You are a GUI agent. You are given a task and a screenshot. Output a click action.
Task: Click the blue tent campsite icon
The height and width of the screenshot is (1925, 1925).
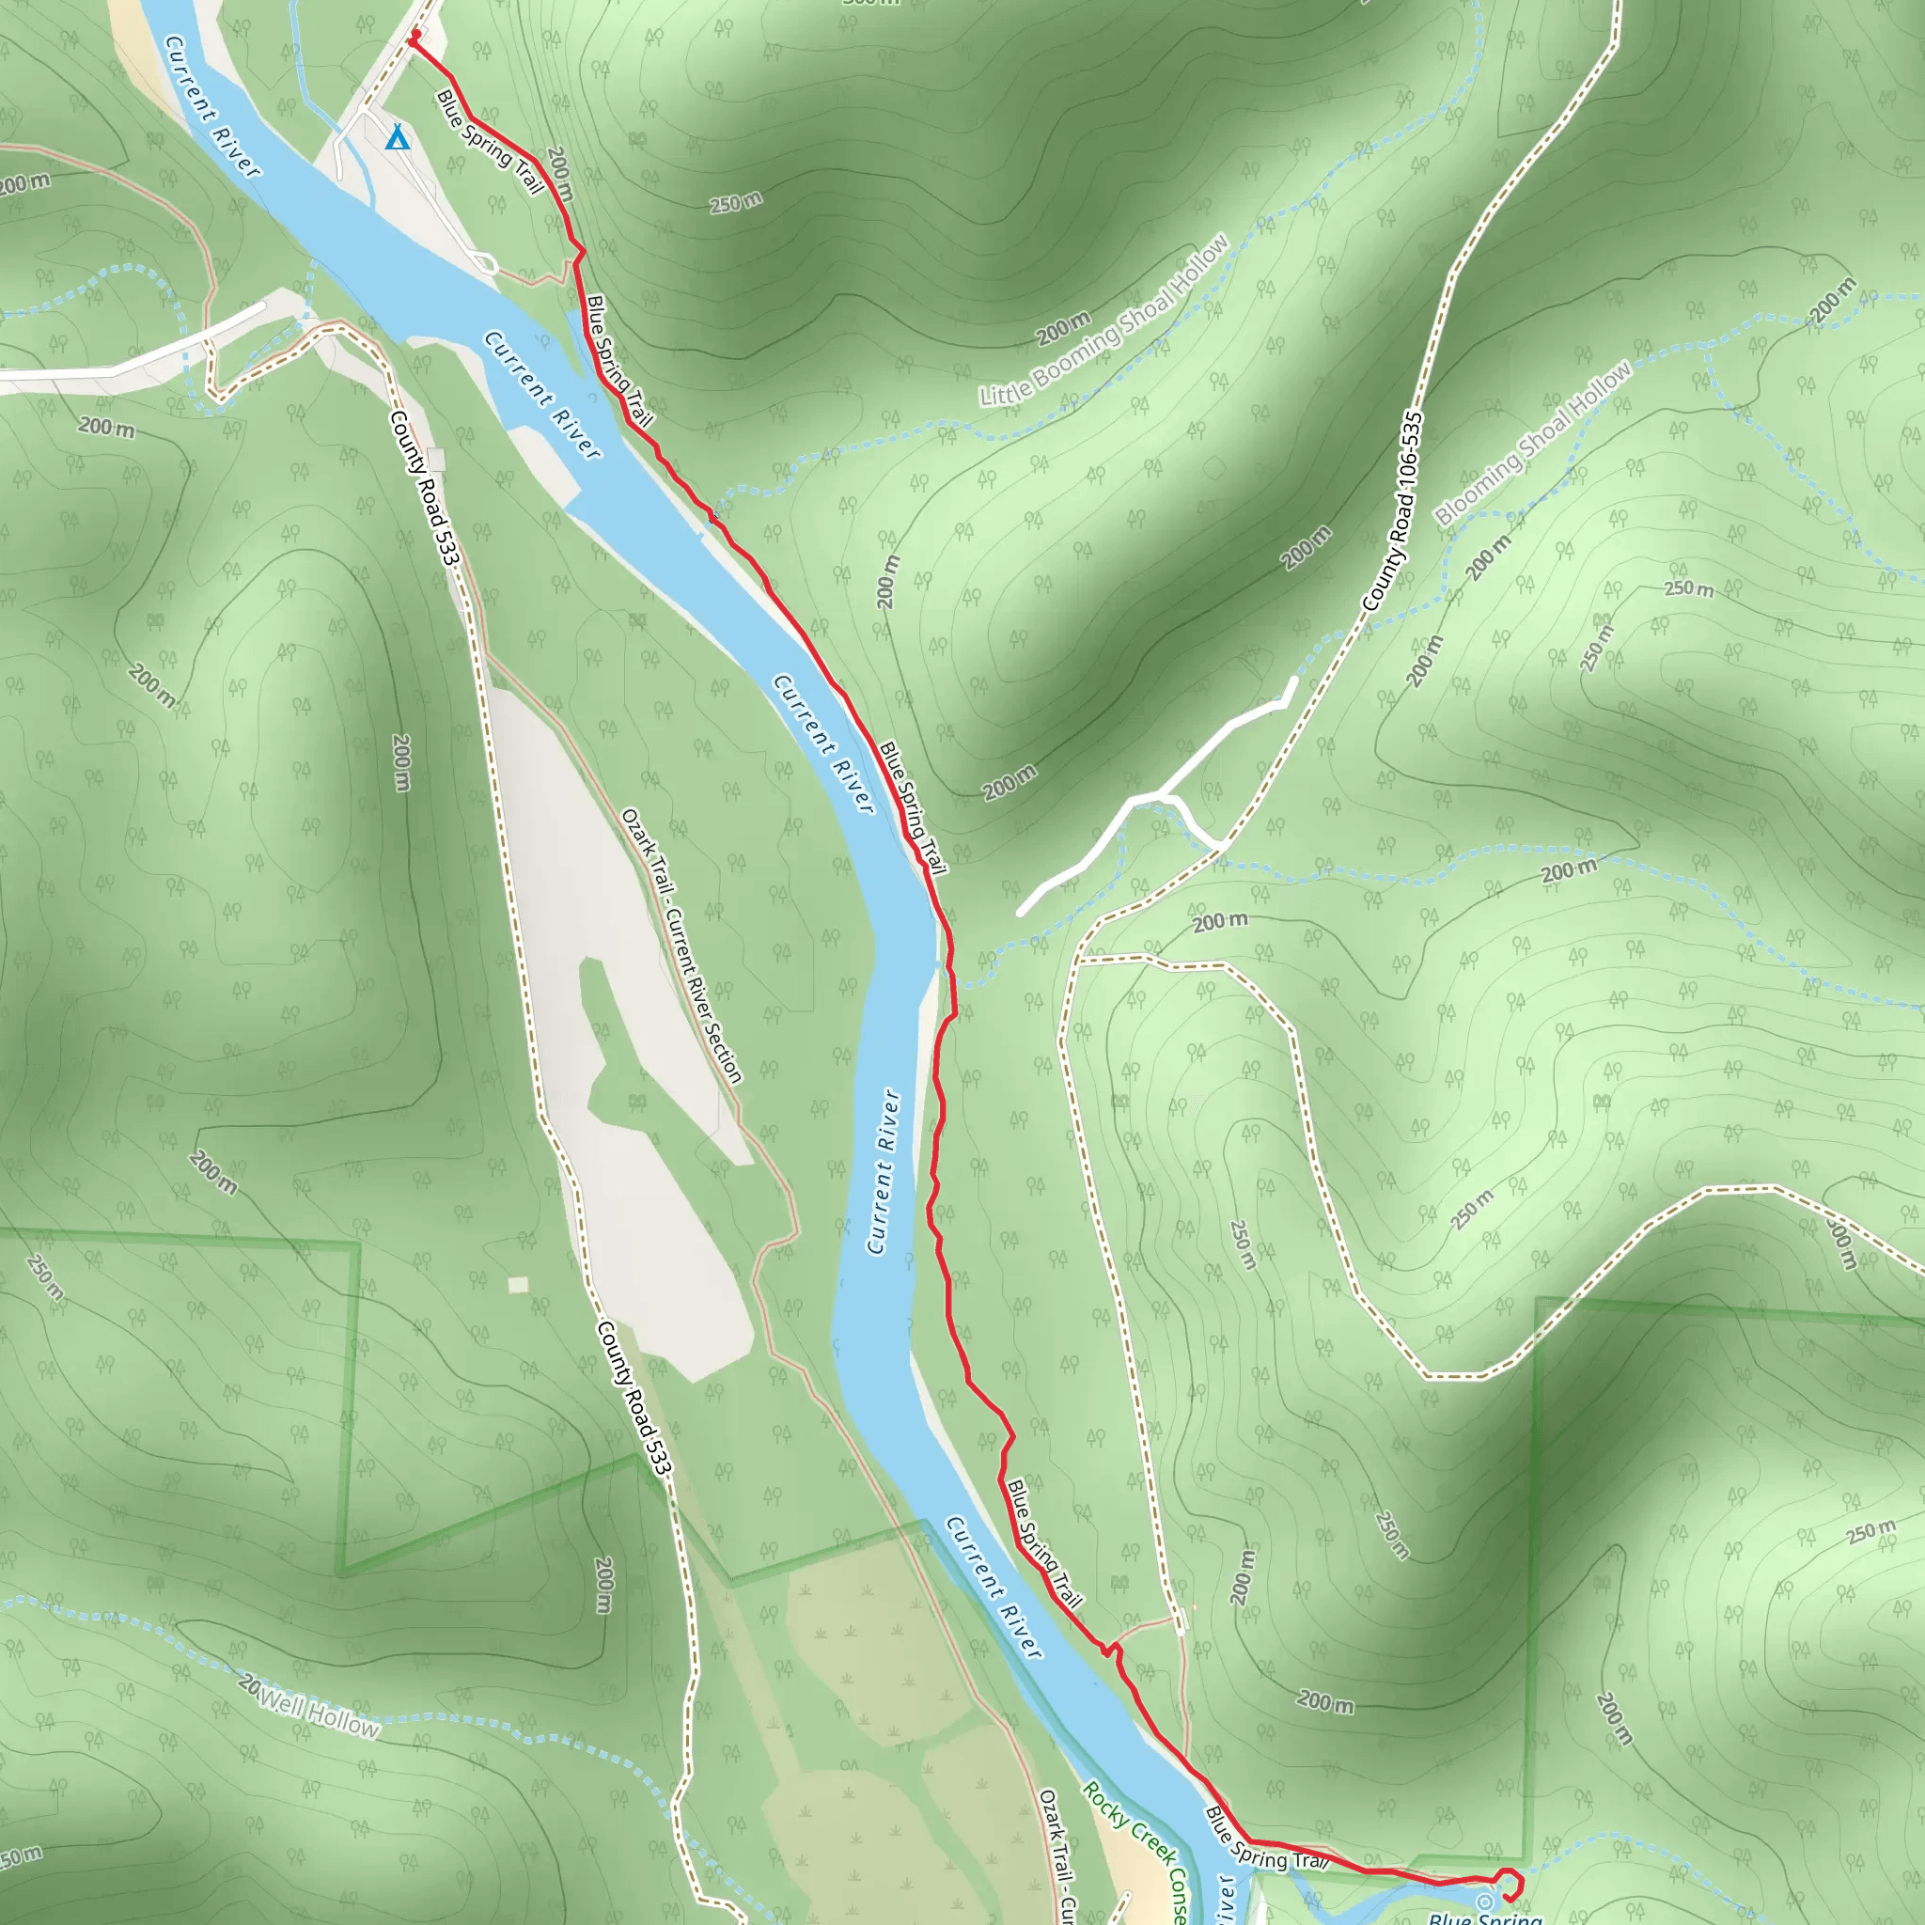[398, 136]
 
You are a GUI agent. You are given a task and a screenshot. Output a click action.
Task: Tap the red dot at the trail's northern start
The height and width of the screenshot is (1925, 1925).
[414, 40]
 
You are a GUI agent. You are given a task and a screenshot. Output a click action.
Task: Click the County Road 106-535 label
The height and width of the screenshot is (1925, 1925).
[1393, 510]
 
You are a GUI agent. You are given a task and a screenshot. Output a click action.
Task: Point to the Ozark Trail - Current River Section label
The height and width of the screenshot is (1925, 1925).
[681, 946]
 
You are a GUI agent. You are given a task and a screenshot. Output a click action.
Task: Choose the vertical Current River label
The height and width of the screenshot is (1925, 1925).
[882, 1171]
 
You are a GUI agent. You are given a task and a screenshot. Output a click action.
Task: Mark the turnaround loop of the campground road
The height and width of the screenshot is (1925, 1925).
[485, 263]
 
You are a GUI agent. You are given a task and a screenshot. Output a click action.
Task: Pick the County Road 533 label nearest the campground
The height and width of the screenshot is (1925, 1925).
[425, 488]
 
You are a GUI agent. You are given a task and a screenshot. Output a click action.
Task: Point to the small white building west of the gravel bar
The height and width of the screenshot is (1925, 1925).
[518, 1284]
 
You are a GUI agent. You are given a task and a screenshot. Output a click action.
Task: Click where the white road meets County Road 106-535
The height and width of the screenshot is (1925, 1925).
[1222, 846]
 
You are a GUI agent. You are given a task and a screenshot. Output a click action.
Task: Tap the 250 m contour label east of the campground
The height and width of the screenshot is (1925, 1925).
[736, 202]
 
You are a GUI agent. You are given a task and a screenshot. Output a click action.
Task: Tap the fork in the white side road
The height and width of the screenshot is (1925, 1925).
[1161, 794]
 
